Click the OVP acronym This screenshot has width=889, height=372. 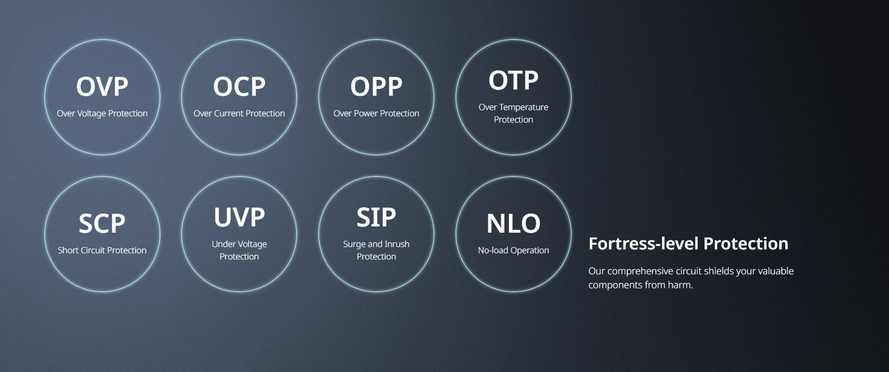coord(102,87)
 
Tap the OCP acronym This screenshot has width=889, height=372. coord(239,87)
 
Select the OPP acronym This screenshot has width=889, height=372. coord(376,87)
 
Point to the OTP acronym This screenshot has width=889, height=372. coord(513,80)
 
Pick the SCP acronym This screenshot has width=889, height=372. coord(102,224)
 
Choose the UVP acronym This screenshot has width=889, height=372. coord(239,217)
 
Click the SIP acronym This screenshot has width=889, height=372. coord(376,217)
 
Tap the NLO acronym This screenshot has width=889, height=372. coord(513,224)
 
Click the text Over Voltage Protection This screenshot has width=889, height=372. coord(102,113)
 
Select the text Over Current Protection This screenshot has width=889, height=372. coord(239,113)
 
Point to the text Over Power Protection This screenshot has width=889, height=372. coord(376,113)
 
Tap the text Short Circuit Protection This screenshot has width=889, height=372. coord(102,250)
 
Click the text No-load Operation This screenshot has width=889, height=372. coord(513,250)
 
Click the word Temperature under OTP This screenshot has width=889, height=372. coord(524,107)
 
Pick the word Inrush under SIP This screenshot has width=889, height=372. coord(397,244)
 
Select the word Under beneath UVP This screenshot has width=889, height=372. coord(224,244)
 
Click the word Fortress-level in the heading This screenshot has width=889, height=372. coord(644,244)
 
